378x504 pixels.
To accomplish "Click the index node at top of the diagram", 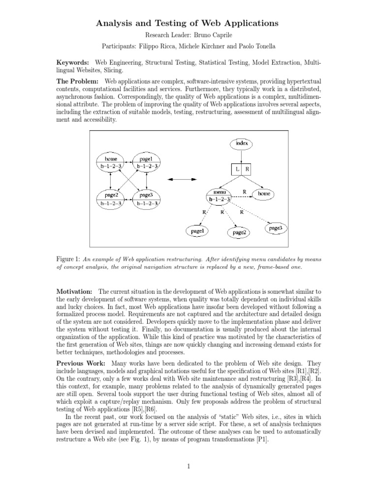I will [x=241, y=143].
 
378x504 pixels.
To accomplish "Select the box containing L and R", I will [x=241, y=169].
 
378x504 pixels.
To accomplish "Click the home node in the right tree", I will [x=264, y=194].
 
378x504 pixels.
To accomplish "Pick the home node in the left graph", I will [x=111, y=162].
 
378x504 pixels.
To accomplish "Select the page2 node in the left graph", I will [x=111, y=198].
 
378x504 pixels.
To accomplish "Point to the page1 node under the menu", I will [x=197, y=230].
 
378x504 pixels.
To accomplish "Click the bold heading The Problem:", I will [x=78, y=80].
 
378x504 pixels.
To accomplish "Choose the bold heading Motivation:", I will [x=75, y=292].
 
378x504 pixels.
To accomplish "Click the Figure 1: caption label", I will [x=69, y=258].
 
